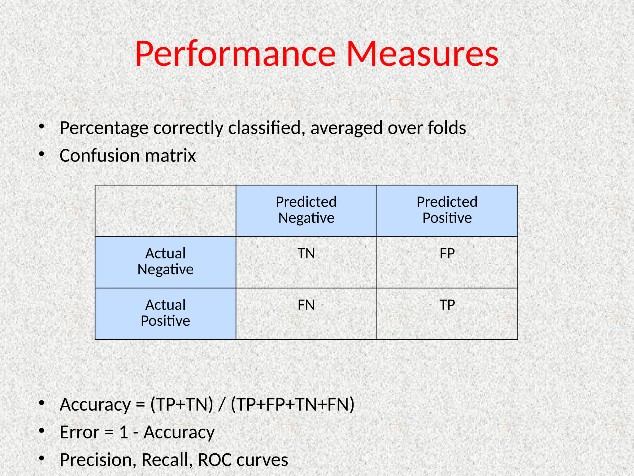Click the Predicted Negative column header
[306, 210]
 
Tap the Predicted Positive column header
[447, 210]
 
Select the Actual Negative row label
[165, 262]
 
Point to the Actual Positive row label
[165, 313]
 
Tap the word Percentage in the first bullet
[104, 128]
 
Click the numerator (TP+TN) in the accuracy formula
[182, 405]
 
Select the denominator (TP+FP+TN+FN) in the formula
[293, 405]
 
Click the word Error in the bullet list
[80, 432]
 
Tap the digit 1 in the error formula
[124, 432]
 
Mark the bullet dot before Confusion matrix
[42, 154]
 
